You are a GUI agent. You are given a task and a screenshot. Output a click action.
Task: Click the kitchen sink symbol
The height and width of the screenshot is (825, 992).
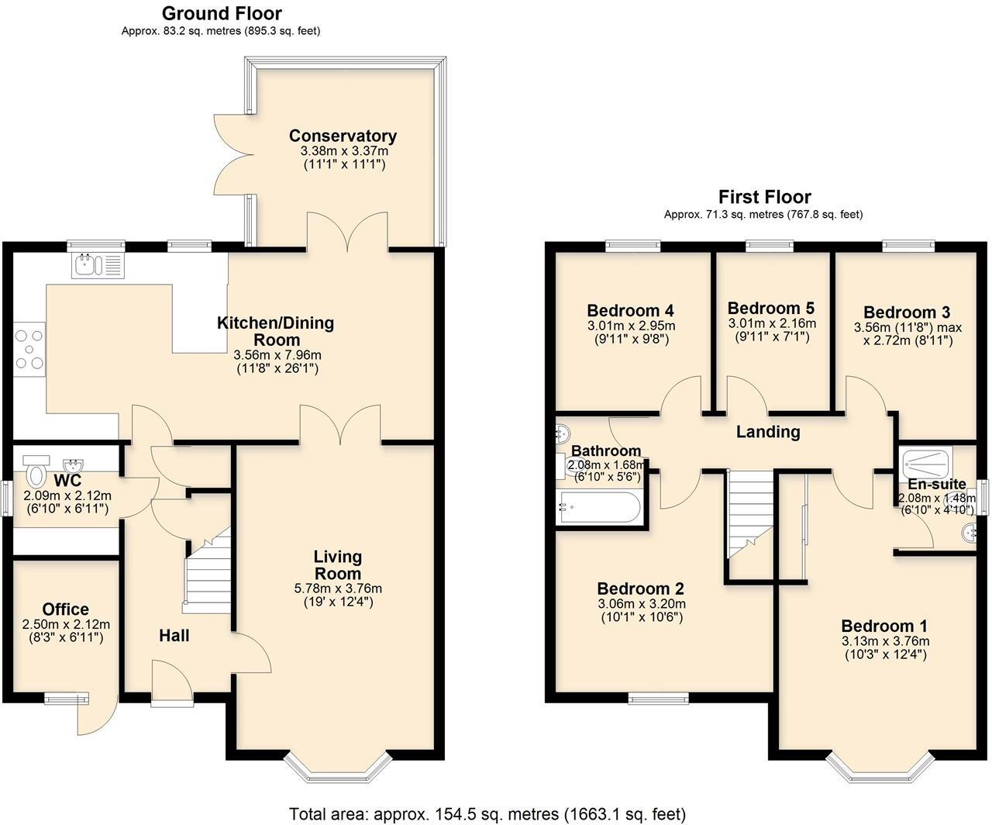tap(97, 265)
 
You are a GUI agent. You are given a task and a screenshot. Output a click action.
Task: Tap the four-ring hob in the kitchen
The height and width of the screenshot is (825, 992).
tap(29, 349)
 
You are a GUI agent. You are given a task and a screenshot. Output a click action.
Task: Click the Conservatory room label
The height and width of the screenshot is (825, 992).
tap(343, 136)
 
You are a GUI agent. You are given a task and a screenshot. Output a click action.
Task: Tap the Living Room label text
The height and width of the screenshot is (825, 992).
tap(337, 565)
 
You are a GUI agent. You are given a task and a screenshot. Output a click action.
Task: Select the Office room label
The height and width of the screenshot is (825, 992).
tap(66, 609)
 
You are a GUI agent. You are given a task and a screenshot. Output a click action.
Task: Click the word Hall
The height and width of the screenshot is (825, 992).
tap(174, 636)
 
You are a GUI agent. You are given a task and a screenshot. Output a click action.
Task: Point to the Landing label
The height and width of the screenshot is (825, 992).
tap(767, 432)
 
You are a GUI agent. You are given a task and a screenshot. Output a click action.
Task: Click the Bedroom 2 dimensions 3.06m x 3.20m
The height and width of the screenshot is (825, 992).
tap(642, 604)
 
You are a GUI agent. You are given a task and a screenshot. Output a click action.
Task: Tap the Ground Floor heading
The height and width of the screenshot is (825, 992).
tap(222, 13)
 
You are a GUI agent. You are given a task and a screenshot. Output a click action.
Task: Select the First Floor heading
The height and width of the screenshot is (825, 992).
tap(764, 197)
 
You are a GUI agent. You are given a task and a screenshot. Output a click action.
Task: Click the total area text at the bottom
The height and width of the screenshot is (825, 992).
tap(487, 814)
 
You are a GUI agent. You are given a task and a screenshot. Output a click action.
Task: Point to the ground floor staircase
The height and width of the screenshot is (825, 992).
tap(208, 570)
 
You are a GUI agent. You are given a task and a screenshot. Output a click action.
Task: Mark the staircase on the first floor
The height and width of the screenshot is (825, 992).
tap(750, 516)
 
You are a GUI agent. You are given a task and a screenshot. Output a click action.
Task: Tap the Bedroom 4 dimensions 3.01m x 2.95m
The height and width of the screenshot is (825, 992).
tap(631, 326)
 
